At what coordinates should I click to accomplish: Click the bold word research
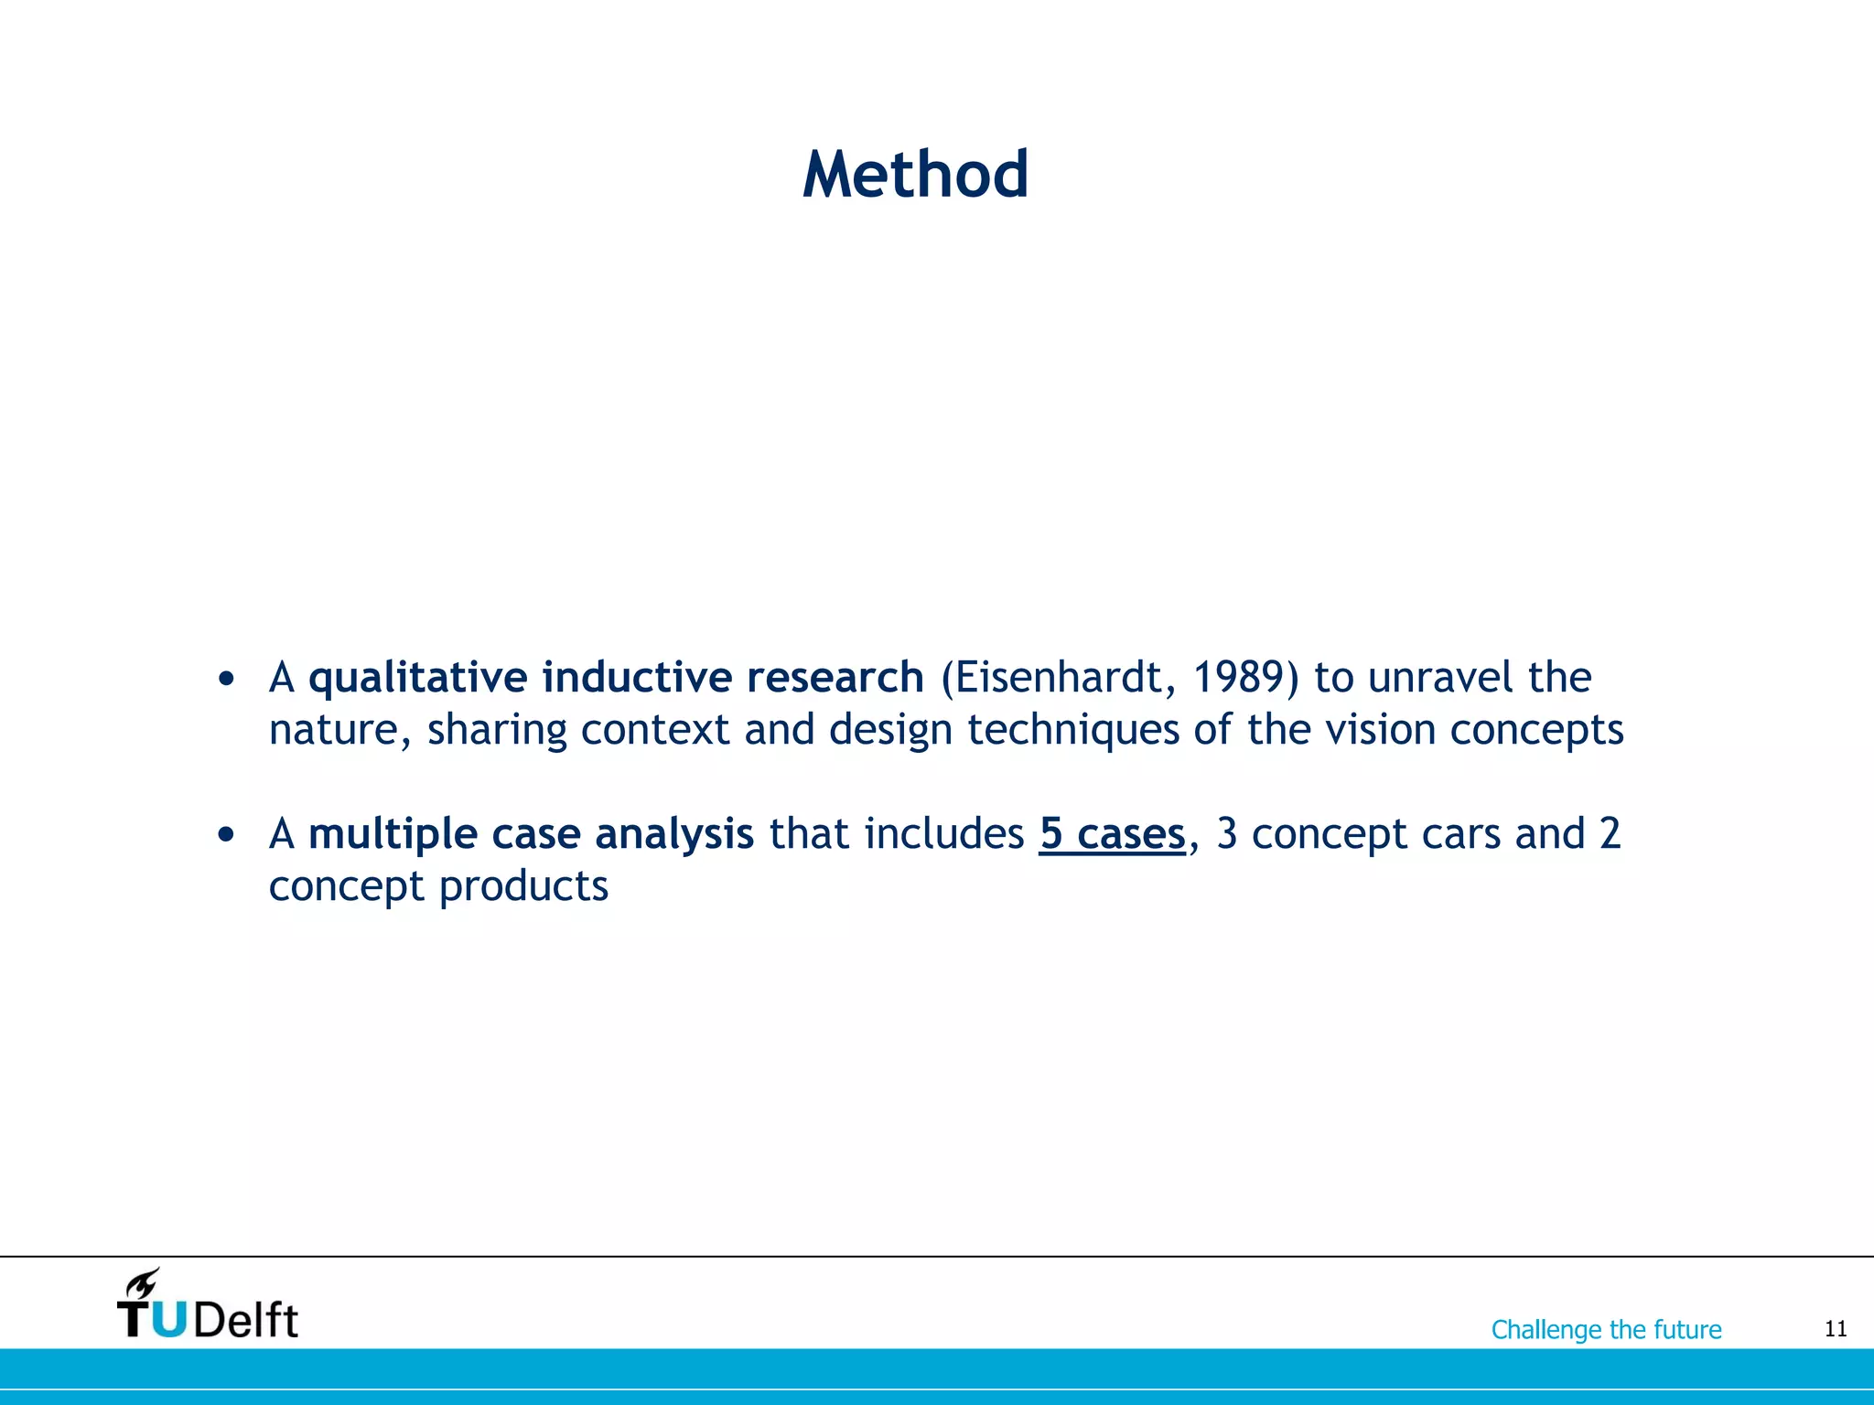835,678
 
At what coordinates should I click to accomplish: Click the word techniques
1072,731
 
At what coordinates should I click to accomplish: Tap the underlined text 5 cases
1112,834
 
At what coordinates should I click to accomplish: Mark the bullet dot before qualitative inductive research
227,680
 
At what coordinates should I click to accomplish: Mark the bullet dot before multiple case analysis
227,835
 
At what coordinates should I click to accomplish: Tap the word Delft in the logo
245,1320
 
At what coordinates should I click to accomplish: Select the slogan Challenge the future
1606,1329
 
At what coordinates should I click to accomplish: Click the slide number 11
1836,1329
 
